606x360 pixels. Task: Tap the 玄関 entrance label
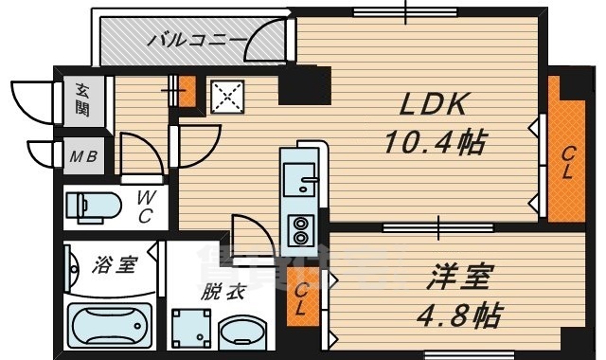click(82, 99)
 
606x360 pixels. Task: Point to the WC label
click(146, 207)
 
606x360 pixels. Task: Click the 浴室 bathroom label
click(113, 265)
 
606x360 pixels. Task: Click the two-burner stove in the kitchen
click(303, 228)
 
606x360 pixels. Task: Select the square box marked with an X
click(227, 95)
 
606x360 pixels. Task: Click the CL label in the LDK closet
click(566, 164)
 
